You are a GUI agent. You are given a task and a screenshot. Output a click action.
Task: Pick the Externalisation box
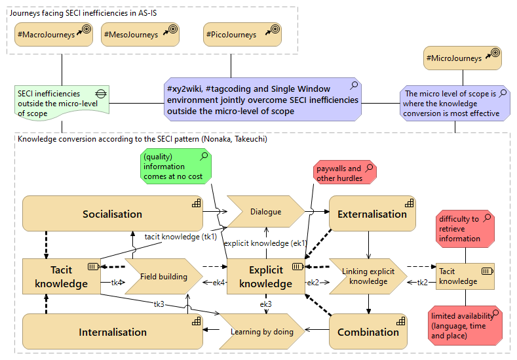pyautogui.click(x=372, y=214)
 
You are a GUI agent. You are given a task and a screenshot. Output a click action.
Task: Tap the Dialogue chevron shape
pyautogui.click(x=265, y=212)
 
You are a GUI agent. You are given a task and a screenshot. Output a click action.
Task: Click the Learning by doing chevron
pyautogui.click(x=261, y=332)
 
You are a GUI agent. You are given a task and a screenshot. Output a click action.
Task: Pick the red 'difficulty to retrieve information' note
pyautogui.click(x=465, y=228)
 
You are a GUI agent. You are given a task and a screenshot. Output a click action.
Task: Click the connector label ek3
pyautogui.click(x=265, y=304)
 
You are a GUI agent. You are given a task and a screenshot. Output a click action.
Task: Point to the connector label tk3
pyautogui.click(x=159, y=304)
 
